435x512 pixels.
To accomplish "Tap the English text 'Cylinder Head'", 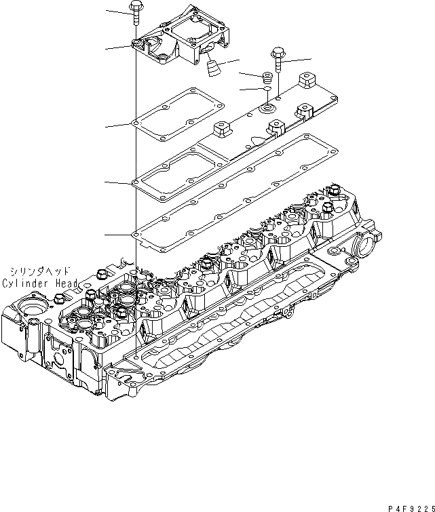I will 40,283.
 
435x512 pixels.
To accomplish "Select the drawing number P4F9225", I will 409,507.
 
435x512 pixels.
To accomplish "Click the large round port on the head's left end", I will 31,308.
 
